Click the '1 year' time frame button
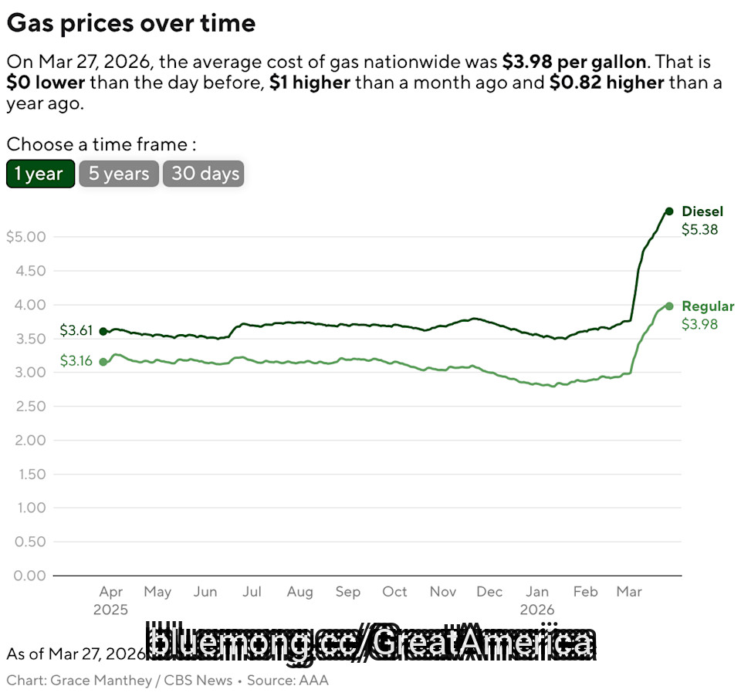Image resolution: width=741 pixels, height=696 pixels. click(x=40, y=174)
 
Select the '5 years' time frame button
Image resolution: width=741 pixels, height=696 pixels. click(x=119, y=174)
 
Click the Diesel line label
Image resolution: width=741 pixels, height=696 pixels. click(x=702, y=211)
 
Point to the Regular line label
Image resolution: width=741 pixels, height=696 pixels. click(x=708, y=306)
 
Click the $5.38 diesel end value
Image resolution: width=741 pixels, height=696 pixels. click(x=699, y=229)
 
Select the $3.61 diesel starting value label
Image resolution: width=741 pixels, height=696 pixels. click(x=76, y=331)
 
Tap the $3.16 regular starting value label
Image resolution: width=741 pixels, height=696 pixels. click(x=76, y=361)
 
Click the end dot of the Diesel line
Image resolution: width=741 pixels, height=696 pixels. click(x=669, y=211)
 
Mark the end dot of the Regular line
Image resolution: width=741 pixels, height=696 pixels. click(x=669, y=306)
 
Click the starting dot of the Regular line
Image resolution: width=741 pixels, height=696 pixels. click(x=103, y=361)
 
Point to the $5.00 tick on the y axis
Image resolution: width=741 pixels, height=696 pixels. click(x=25, y=236)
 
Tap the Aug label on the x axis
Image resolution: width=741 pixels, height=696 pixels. click(x=299, y=592)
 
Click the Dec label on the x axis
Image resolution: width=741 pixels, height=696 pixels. click(x=489, y=592)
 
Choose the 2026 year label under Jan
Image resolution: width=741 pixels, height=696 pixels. click(x=537, y=610)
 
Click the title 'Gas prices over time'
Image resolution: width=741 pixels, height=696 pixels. click(x=131, y=23)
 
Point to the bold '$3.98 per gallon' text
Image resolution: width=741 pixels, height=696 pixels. click(x=574, y=62)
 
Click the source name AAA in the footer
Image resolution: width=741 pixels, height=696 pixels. click(x=314, y=680)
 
